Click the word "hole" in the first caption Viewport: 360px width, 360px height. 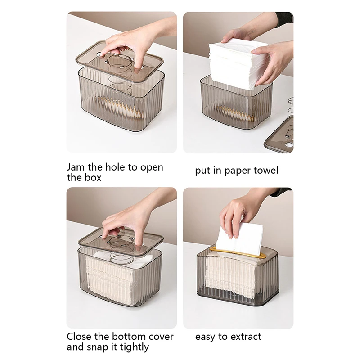pyautogui.click(x=115, y=167)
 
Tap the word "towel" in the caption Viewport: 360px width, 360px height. pyautogui.click(x=265, y=171)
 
